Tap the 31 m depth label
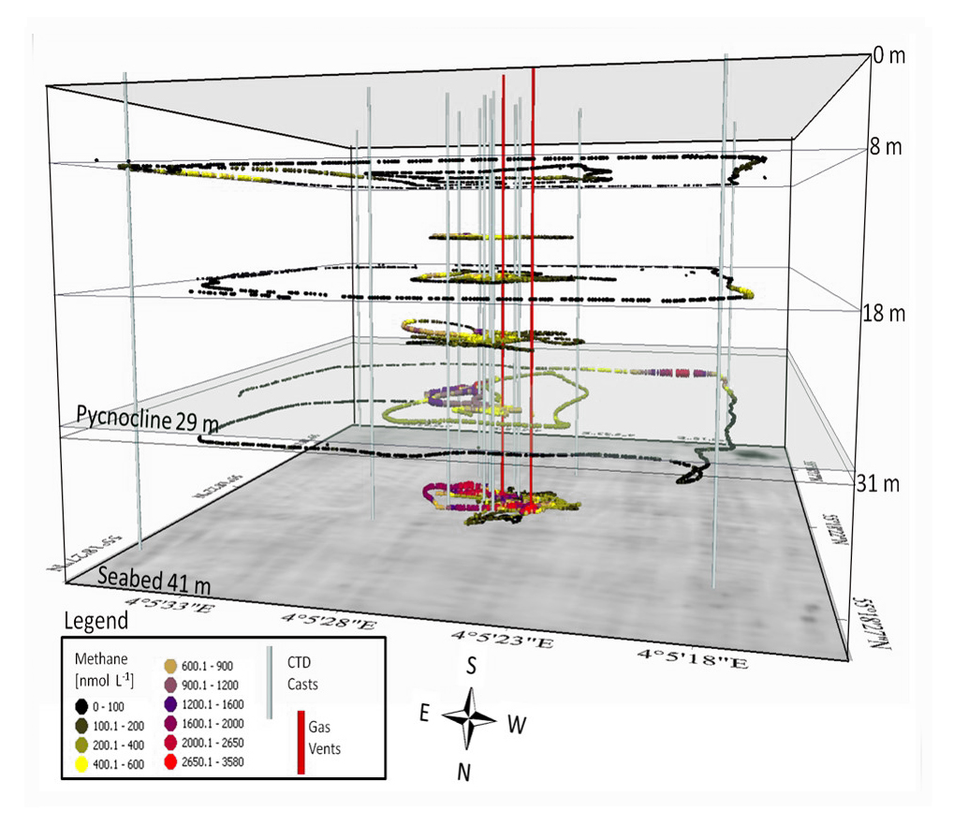tap(878, 483)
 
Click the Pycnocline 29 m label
tap(148, 421)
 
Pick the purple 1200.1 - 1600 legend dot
tap(171, 705)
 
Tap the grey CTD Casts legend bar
tap(271, 682)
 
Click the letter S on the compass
tap(474, 666)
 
